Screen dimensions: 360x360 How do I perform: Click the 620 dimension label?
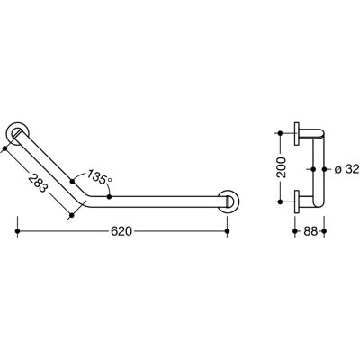121,231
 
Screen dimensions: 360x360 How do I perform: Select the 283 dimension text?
38,183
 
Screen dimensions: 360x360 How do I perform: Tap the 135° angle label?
99,177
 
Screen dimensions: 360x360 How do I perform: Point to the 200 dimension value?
282,167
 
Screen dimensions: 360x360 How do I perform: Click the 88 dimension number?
310,231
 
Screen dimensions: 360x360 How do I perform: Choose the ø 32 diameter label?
346,169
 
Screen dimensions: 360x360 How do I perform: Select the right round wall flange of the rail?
229,201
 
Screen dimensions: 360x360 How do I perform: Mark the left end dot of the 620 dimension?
17,231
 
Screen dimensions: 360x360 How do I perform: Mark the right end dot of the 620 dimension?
227,231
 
